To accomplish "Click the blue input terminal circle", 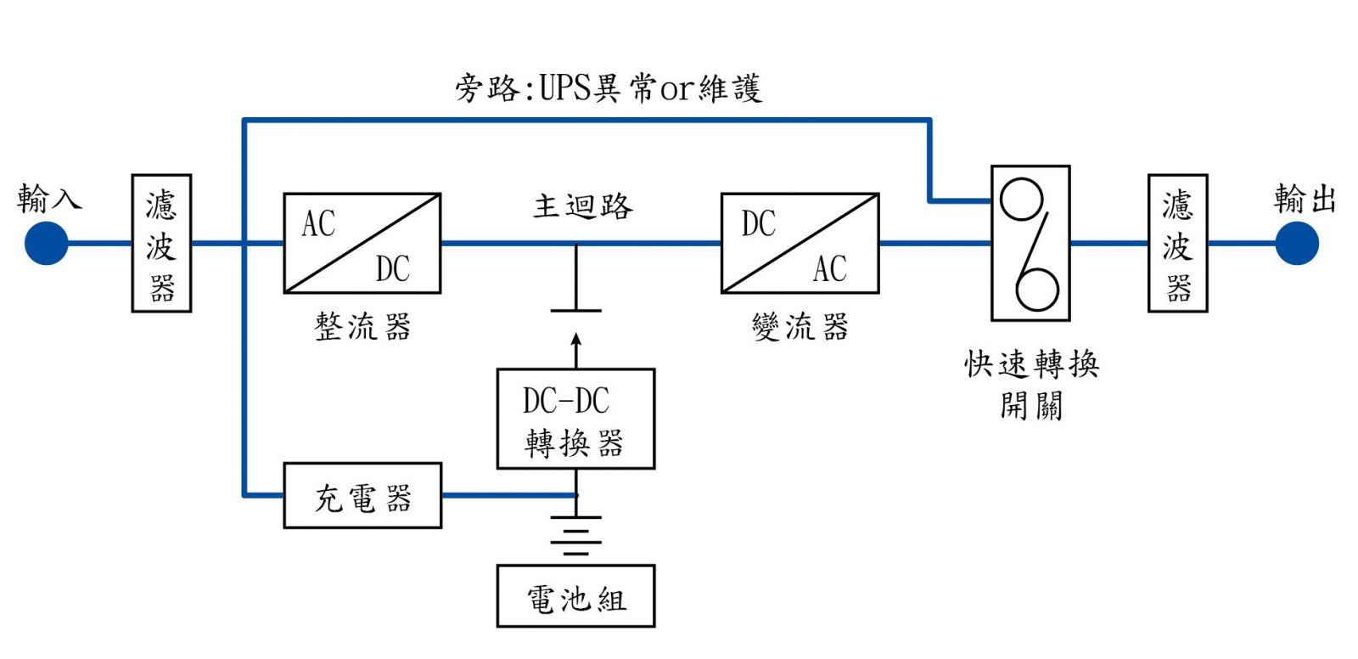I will [x=47, y=244].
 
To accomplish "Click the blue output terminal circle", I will [x=1297, y=244].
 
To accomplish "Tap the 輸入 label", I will [x=49, y=198].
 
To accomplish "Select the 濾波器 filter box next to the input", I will [x=161, y=244].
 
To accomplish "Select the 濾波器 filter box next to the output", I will [x=1177, y=244].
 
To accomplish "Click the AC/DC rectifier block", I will [x=362, y=244].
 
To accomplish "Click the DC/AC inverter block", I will [x=800, y=244].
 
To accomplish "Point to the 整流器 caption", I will [x=362, y=327].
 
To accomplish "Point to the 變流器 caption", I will [x=800, y=327].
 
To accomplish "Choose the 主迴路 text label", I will [x=583, y=206].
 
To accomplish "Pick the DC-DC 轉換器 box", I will [x=575, y=419].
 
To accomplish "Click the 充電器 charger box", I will [x=362, y=496].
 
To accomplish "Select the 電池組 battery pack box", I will [x=575, y=596].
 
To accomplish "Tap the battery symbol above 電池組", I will [x=575, y=535].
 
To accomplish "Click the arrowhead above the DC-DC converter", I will [x=576, y=340].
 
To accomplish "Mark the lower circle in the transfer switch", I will [x=1036, y=289].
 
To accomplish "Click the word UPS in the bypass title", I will [x=565, y=87].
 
